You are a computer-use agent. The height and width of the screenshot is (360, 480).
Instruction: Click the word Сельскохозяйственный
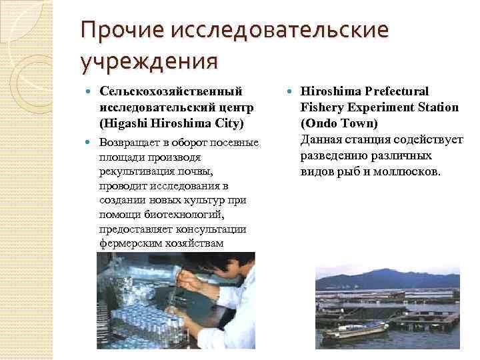pyautogui.click(x=171, y=91)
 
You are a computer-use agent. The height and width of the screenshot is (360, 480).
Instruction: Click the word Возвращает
pyautogui.click(x=131, y=143)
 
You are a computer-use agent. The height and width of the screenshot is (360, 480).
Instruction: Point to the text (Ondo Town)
pyautogui.click(x=339, y=123)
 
